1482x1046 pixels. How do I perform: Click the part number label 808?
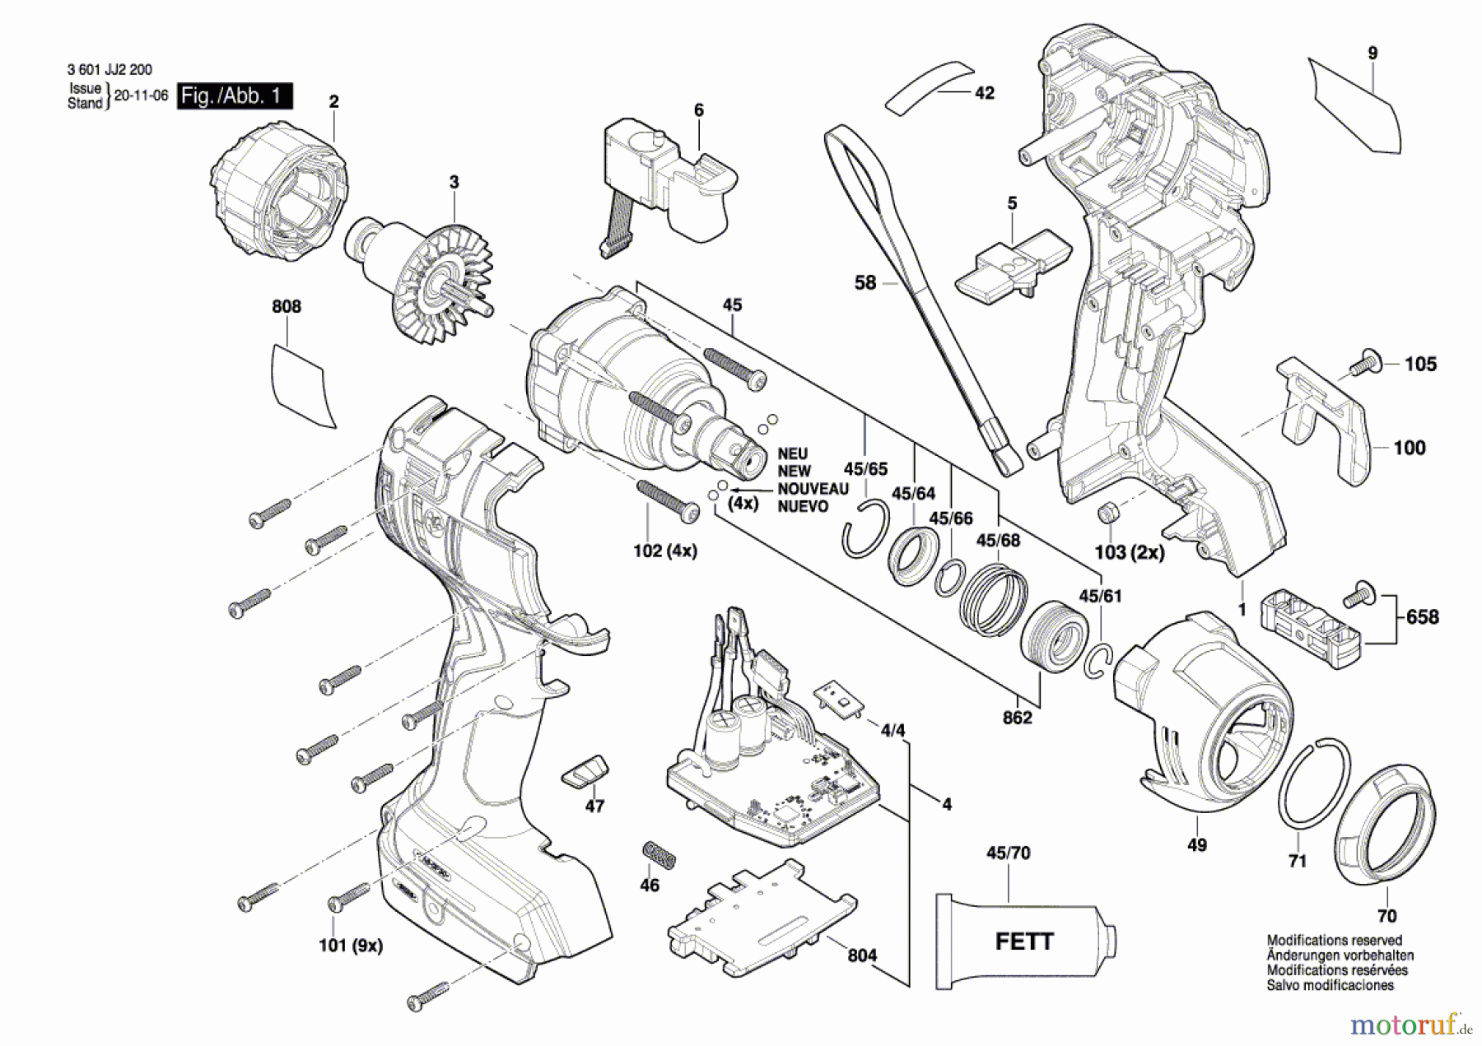[x=287, y=307]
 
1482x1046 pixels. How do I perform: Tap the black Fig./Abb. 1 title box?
[x=235, y=96]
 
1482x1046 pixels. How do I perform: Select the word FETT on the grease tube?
[x=1024, y=941]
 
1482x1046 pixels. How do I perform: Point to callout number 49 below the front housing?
[x=1197, y=845]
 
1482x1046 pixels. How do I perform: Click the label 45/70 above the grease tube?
[x=1008, y=853]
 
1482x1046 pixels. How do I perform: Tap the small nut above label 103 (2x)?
[x=1107, y=513]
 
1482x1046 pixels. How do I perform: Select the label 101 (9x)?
[x=351, y=946]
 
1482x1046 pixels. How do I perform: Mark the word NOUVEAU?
[x=813, y=489]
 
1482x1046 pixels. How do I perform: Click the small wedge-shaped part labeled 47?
[x=586, y=771]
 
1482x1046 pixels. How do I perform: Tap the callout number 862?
[x=1017, y=718]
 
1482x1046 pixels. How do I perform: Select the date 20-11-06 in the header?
[x=141, y=95]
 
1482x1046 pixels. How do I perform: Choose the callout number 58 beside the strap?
[x=865, y=283]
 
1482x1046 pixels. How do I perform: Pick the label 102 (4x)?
[x=664, y=551]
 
